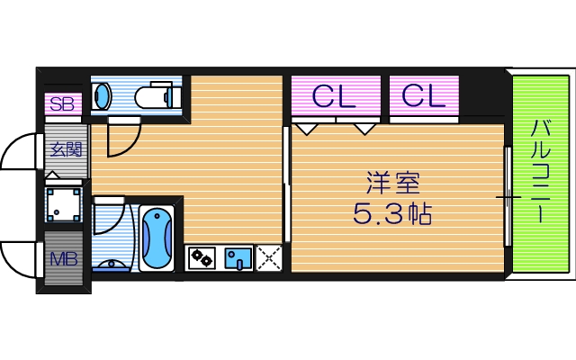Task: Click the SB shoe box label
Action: [62, 103]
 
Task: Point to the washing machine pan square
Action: [66, 204]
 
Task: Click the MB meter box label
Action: [63, 259]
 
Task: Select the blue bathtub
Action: [157, 238]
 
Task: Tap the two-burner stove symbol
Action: [201, 259]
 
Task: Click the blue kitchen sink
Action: [238, 259]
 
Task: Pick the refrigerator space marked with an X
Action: [268, 259]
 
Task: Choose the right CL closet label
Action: [423, 94]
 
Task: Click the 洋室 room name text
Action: [392, 183]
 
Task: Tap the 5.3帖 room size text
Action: [392, 215]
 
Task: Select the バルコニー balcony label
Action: [539, 171]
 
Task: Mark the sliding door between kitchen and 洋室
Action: [286, 184]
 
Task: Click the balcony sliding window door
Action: [508, 195]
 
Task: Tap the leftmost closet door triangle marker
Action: [307, 129]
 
